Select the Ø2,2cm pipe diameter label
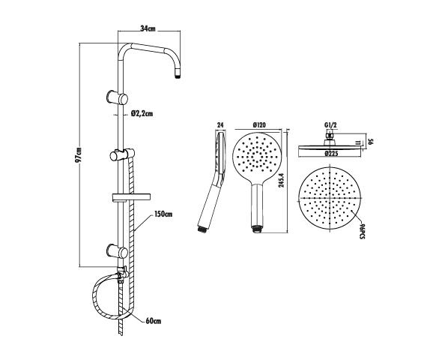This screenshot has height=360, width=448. [142, 113]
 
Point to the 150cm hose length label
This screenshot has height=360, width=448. [163, 215]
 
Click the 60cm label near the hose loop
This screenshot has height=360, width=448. [154, 321]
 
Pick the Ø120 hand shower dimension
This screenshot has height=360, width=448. [261, 124]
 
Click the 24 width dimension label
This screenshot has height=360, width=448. [220, 124]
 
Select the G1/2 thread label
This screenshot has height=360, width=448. [329, 124]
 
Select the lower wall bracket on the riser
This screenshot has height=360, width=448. [118, 249]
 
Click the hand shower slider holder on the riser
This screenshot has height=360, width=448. [121, 155]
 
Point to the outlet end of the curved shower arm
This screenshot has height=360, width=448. [179, 73]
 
